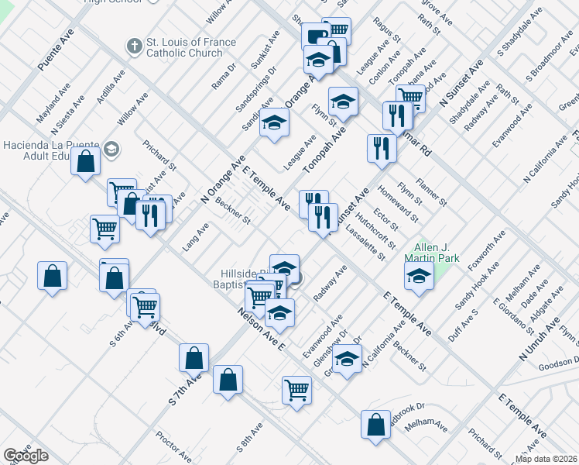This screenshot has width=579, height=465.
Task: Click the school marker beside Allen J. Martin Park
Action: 419,275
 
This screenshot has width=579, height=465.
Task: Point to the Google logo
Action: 26,456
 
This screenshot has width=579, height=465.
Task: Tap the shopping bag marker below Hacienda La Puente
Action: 86,162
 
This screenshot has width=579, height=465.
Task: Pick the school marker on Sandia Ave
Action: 273,122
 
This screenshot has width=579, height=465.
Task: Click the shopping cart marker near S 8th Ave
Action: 296,389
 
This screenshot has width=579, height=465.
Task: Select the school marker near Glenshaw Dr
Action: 348,359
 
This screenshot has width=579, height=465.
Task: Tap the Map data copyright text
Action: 546,459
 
